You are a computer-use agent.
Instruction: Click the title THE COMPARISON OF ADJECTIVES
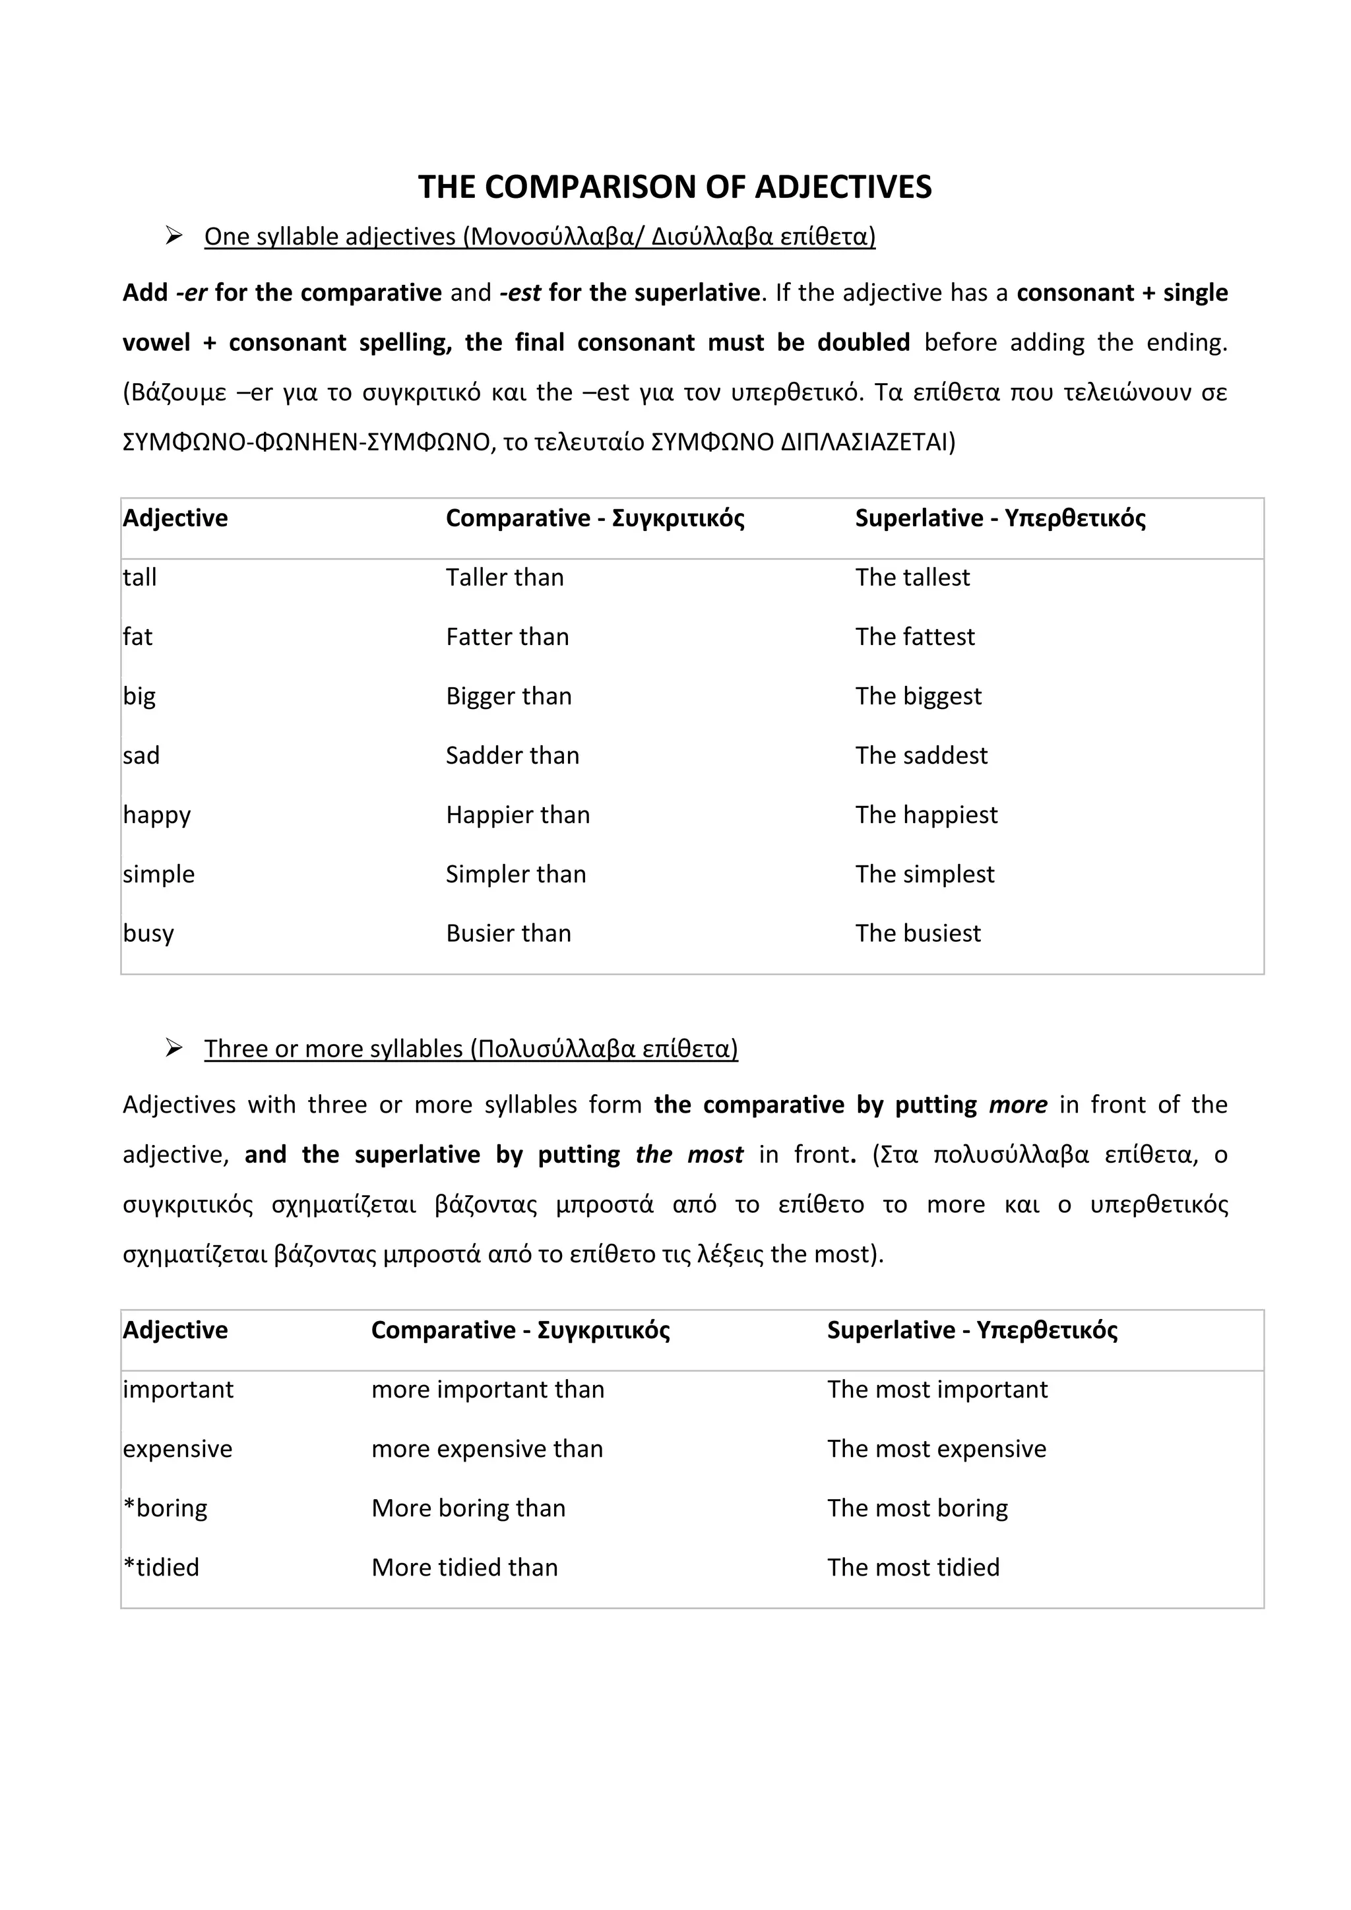pyautogui.click(x=675, y=187)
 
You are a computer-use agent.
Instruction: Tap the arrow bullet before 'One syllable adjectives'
pyautogui.click(x=174, y=236)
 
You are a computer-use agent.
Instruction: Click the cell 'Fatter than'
pyautogui.click(x=507, y=636)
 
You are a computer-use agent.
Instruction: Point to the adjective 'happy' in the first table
pyautogui.click(x=156, y=815)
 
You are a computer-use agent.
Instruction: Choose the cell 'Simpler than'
pyautogui.click(x=516, y=875)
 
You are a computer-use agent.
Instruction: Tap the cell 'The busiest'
pyautogui.click(x=918, y=933)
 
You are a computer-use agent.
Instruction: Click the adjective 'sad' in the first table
pyautogui.click(x=141, y=755)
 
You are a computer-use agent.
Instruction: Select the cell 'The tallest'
pyautogui.click(x=912, y=577)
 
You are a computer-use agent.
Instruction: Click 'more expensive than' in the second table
pyautogui.click(x=487, y=1448)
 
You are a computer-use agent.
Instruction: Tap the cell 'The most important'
pyautogui.click(x=937, y=1389)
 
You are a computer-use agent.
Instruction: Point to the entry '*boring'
pyautogui.click(x=166, y=1508)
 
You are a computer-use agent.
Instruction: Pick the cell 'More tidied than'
pyautogui.click(x=464, y=1567)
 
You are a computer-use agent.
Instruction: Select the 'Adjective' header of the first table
pyautogui.click(x=175, y=518)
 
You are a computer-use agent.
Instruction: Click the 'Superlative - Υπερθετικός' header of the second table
pyautogui.click(x=972, y=1330)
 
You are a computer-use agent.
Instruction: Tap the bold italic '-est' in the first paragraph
pyautogui.click(x=520, y=293)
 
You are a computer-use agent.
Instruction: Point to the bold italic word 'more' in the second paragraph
pyautogui.click(x=1017, y=1105)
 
